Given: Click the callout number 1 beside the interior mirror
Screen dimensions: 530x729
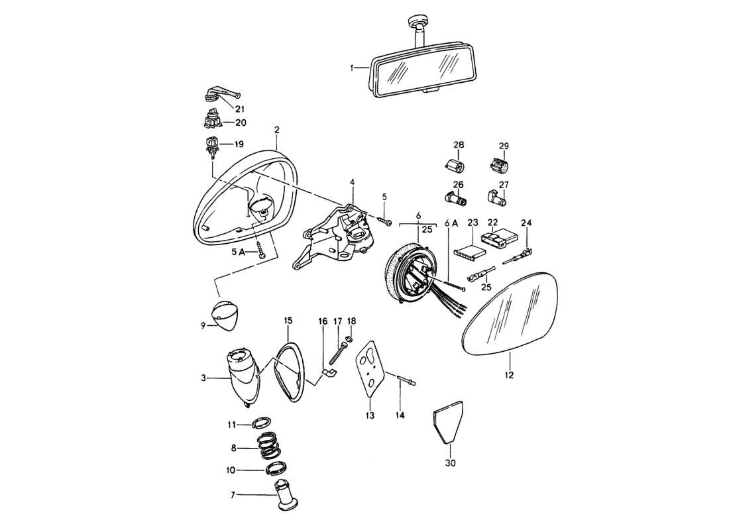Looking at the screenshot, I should click(x=353, y=68).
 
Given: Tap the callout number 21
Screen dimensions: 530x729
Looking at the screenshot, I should click(x=239, y=109).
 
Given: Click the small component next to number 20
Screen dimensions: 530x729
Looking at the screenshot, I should click(x=211, y=121).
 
